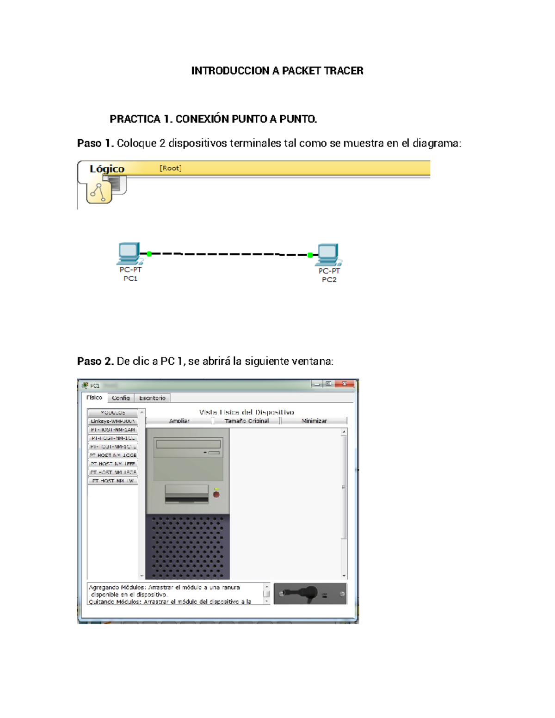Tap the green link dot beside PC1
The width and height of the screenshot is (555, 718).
tap(149, 254)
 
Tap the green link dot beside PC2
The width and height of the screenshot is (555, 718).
tap(310, 255)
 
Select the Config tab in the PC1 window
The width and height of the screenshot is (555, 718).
tap(121, 398)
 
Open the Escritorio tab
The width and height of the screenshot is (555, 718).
tap(152, 398)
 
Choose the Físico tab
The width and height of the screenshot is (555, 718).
tap(94, 398)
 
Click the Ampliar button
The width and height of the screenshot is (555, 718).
tap(179, 421)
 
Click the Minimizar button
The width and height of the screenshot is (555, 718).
tap(314, 421)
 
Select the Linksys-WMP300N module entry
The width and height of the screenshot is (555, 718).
tap(112, 421)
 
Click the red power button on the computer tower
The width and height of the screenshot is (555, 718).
tap(216, 495)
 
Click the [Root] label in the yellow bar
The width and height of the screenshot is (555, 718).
tap(170, 168)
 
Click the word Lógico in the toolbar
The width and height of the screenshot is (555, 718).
tap(107, 169)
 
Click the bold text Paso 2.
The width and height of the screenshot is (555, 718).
tap(95, 361)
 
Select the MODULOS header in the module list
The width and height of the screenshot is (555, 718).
tap(112, 412)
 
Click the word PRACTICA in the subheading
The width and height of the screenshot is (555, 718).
tap(135, 119)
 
